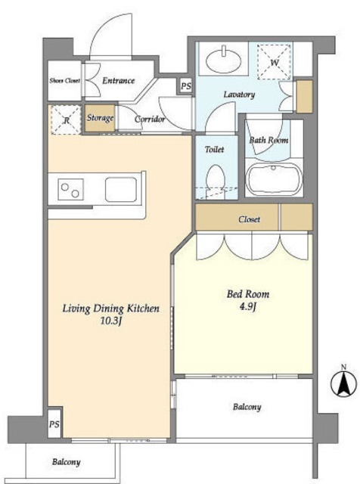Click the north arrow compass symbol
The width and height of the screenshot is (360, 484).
tap(343, 383)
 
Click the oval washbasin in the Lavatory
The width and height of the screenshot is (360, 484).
tap(223, 60)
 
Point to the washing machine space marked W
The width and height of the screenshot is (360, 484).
tap(275, 62)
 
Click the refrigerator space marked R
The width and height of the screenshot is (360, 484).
tap(66, 119)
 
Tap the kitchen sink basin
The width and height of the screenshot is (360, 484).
tap(121, 190)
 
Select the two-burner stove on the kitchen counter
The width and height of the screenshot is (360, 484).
tap(70, 189)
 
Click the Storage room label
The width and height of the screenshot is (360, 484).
tap(100, 118)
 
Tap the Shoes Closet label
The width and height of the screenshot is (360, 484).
tap(64, 81)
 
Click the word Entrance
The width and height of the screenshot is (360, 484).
tap(119, 81)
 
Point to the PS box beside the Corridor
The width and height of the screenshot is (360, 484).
tap(186, 86)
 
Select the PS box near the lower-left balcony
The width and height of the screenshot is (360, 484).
tap(54, 424)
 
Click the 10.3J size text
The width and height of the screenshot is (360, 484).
tap(111, 321)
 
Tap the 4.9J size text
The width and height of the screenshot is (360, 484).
tap(248, 306)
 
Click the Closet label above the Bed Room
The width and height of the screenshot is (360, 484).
tap(249, 219)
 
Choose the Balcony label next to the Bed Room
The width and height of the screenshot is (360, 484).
tap(247, 407)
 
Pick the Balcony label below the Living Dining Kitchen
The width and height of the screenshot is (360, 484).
tap(66, 462)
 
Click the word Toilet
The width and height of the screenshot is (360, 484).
tap(215, 150)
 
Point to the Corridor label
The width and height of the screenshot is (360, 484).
tap(150, 119)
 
